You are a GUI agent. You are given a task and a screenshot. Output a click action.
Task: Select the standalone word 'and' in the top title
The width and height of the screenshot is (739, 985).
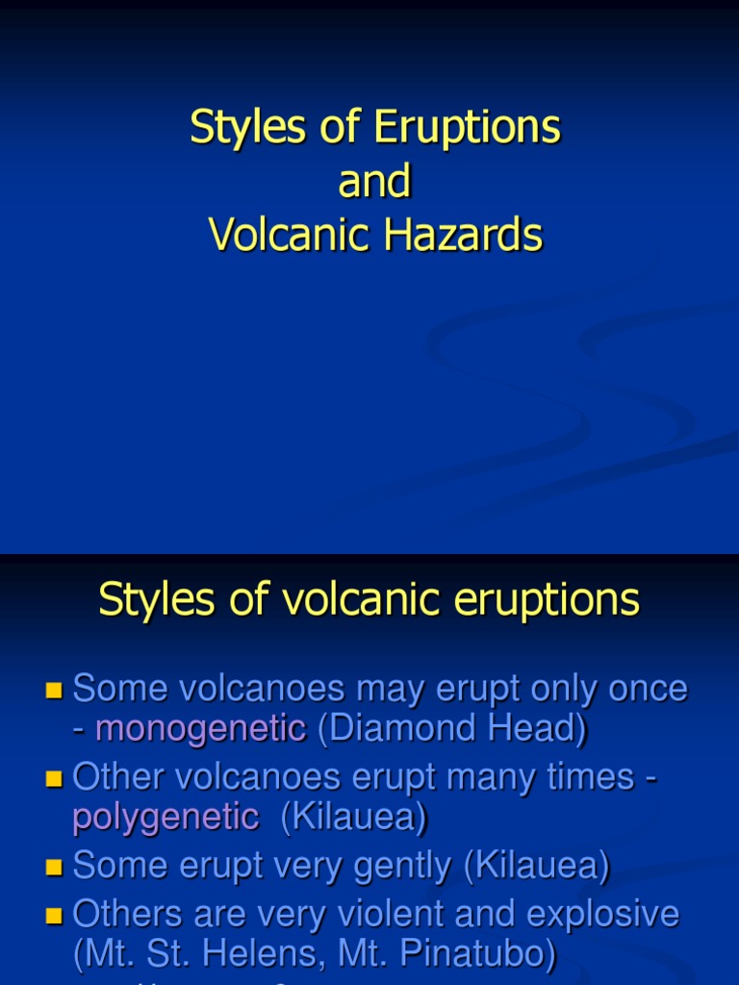375,182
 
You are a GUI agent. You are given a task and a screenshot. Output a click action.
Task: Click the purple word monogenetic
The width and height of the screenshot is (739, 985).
200,729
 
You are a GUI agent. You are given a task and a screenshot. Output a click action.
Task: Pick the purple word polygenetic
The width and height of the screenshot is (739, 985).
166,818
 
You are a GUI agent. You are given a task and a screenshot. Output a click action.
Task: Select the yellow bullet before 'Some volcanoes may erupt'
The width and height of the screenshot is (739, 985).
54,690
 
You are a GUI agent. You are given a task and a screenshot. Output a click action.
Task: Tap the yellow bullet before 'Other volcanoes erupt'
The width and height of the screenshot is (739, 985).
54,777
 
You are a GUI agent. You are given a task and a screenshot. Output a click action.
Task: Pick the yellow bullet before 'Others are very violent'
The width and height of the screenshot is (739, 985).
54,914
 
